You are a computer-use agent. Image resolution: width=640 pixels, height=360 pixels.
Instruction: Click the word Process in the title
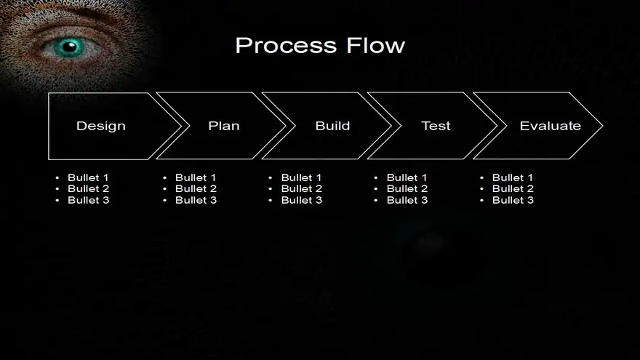(286, 45)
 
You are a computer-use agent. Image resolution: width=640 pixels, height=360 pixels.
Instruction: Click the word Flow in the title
(376, 45)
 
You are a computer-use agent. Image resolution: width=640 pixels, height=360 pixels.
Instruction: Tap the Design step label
(101, 126)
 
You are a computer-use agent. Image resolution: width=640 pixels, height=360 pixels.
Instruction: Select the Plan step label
(224, 126)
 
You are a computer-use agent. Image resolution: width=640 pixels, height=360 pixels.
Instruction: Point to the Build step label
(332, 126)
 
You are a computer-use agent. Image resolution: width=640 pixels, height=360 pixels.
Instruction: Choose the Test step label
(436, 126)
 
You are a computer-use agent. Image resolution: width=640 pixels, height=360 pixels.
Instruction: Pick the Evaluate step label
(551, 126)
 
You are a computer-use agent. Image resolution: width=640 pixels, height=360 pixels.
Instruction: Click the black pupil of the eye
(70, 46)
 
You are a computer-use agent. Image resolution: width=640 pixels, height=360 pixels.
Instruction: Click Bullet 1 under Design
(88, 177)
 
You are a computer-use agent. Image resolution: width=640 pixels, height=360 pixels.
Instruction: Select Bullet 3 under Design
(89, 200)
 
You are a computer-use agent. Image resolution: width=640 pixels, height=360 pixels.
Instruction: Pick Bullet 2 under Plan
(196, 188)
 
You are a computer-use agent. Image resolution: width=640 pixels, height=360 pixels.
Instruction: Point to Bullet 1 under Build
(301, 177)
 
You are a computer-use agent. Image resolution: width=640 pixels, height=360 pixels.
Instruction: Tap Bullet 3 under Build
(302, 200)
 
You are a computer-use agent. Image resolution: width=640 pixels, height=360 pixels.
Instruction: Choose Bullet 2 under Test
(407, 188)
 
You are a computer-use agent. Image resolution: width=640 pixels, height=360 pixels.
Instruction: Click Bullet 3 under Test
(407, 200)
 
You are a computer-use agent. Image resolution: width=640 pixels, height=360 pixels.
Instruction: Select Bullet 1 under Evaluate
(513, 177)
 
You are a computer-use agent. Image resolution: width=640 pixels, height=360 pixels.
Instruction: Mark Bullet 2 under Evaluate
(513, 188)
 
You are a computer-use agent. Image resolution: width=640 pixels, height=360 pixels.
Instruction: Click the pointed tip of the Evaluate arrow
(602, 126)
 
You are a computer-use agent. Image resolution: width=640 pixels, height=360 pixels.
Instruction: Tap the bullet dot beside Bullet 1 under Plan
(165, 178)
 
